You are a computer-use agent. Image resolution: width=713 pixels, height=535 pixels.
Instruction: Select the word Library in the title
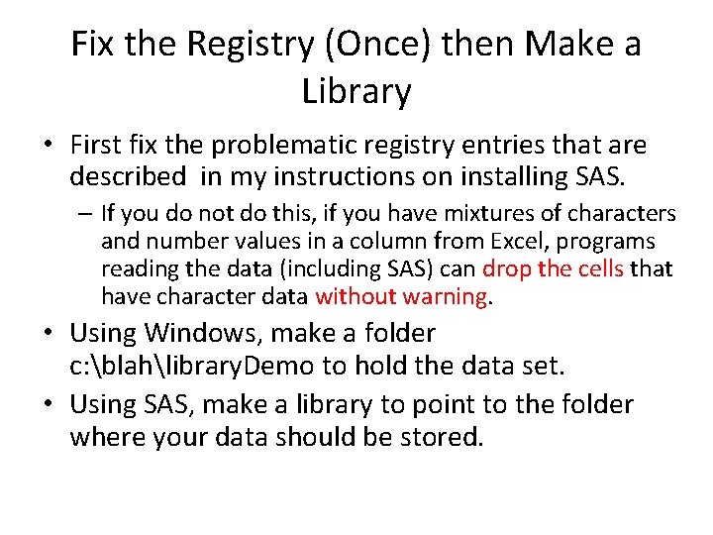[356, 91]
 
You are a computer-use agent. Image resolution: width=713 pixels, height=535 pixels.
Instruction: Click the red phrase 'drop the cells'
[554, 268]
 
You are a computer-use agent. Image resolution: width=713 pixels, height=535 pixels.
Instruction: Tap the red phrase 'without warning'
[400, 296]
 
